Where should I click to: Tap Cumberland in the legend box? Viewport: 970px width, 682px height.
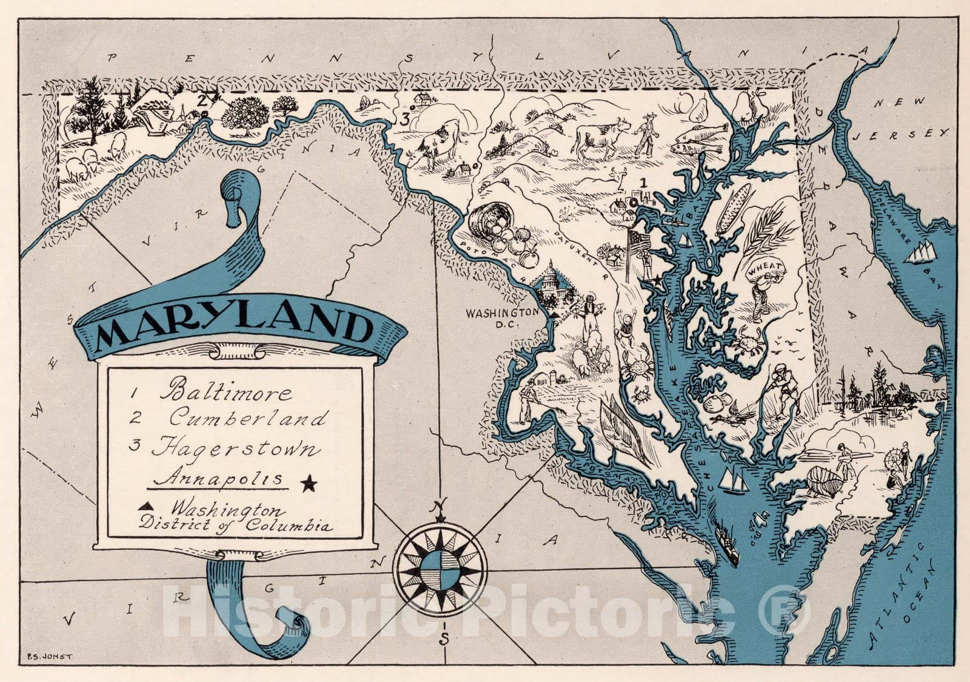[248, 419]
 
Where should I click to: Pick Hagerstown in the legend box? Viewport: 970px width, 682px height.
[235, 449]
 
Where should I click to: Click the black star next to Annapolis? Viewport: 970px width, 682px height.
[309, 484]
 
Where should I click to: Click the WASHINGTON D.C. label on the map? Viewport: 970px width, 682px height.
[501, 317]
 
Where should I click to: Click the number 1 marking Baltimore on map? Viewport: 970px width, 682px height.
[644, 181]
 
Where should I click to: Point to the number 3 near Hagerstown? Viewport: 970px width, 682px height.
[404, 119]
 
